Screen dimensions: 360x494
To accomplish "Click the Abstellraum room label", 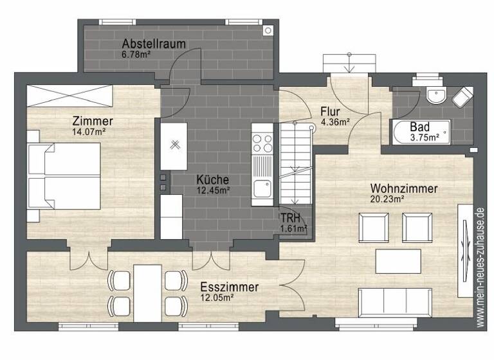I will [154, 44].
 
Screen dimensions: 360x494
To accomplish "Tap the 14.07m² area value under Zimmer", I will [89, 132].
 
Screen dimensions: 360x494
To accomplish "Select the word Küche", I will [213, 179].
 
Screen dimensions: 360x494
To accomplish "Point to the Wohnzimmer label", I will [404, 188].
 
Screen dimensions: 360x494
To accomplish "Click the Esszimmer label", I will [229, 287].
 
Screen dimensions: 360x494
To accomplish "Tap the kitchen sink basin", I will [262, 189].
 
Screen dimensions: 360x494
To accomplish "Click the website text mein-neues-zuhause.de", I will [479, 263].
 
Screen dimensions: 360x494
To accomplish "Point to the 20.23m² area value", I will [387, 199].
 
